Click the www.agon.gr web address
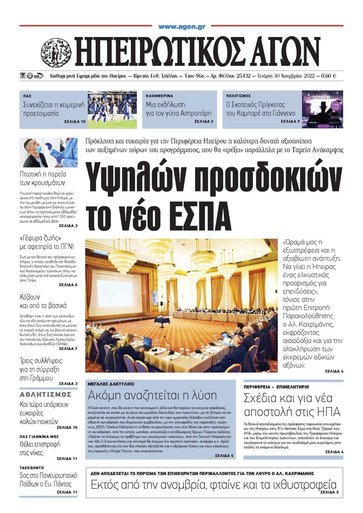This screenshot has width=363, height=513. click(x=181, y=27)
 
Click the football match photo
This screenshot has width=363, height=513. click(x=112, y=109)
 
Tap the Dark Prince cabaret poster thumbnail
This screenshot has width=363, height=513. click(x=323, y=109)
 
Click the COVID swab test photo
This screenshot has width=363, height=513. click(x=48, y=153)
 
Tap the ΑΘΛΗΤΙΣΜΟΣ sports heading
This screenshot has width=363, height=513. click(x=46, y=395)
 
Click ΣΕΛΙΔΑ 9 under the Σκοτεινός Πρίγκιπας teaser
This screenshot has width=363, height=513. click(x=290, y=122)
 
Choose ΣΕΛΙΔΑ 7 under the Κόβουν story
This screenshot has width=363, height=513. click(x=68, y=349)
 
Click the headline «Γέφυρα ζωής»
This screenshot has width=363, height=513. click(x=40, y=238)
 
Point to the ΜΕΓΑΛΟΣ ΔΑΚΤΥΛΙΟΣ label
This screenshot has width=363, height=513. click(x=111, y=384)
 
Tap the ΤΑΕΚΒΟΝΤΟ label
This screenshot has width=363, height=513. click(x=32, y=468)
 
